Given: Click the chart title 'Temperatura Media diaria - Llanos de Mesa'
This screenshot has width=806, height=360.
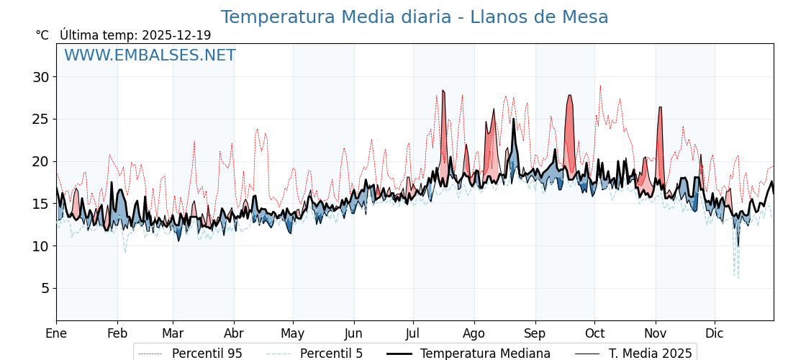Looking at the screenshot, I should (x=415, y=17).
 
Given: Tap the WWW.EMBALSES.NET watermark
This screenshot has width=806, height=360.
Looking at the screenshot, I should (x=150, y=55).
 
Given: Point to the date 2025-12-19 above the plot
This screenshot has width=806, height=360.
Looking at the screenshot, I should (x=176, y=35).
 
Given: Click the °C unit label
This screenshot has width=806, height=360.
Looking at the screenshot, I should (x=42, y=35).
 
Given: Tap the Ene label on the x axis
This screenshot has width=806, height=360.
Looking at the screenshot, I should (x=56, y=333).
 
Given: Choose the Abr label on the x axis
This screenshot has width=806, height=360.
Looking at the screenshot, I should (x=234, y=333).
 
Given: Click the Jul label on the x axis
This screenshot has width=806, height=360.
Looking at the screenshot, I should (x=413, y=333).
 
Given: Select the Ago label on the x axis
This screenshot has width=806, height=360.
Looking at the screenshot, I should (x=474, y=333).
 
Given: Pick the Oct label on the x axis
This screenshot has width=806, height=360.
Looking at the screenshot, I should (x=594, y=333).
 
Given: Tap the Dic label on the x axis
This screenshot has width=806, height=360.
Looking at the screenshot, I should (x=715, y=333).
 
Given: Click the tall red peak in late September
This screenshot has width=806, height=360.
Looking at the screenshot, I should (x=569, y=96).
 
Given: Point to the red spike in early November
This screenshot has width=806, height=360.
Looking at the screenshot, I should (x=660, y=109).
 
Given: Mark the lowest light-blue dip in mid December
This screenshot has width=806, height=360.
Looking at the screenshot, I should (x=738, y=277).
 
